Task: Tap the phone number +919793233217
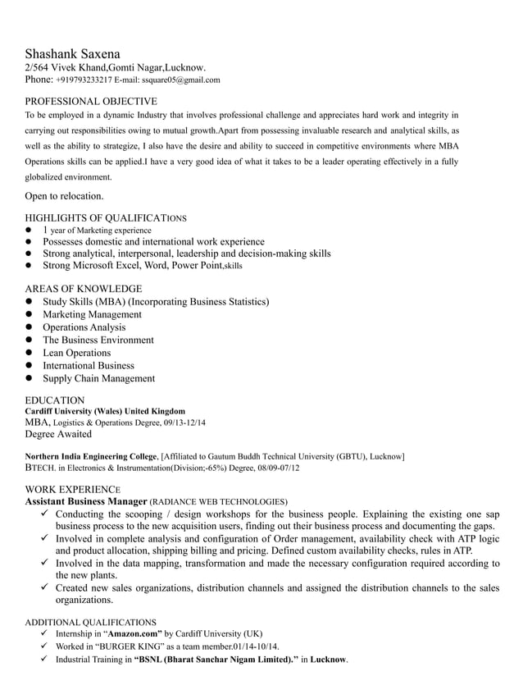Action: (84, 80)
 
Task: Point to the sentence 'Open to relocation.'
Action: (64, 196)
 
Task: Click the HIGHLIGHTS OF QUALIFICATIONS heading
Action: (106, 218)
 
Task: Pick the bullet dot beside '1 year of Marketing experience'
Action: (28, 231)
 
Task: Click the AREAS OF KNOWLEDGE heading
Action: (83, 289)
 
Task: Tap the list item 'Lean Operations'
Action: (76, 353)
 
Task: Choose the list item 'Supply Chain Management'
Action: (98, 378)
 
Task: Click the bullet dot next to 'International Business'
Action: (28, 366)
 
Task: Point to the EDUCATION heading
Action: (54, 400)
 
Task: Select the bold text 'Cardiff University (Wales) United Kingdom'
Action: (105, 411)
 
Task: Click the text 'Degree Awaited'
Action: (58, 434)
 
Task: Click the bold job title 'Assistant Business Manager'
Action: (86, 500)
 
